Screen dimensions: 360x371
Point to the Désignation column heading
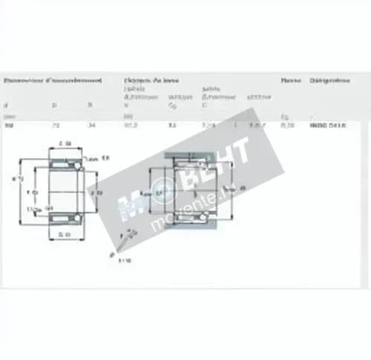330,79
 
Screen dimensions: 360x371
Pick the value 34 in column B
91,126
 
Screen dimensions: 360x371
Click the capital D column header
53,105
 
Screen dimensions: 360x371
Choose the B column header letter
91,105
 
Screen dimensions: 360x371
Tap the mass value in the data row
286,126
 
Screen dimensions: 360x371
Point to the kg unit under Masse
285,117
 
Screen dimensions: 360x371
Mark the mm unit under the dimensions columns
8,117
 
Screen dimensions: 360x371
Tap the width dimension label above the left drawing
65,143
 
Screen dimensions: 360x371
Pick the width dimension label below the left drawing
65,236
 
